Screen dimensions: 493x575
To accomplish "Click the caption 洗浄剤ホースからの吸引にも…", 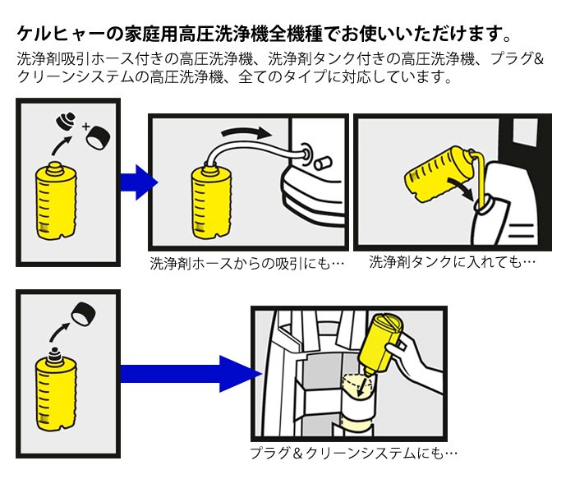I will point(246,265).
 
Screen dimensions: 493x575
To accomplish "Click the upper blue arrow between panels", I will point(136,182).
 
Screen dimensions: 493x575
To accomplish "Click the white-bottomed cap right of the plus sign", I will point(100,139).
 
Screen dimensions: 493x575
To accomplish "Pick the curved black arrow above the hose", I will point(246,134).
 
